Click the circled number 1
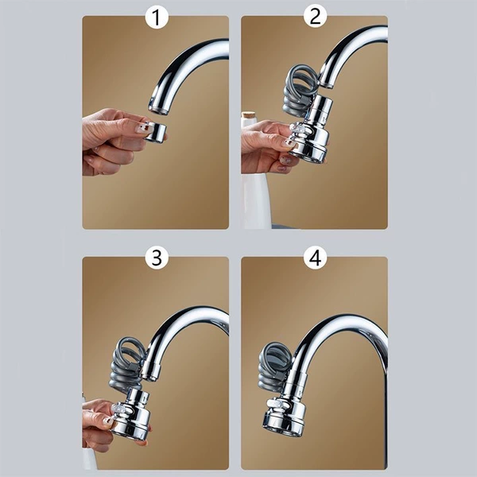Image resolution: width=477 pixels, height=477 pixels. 157,17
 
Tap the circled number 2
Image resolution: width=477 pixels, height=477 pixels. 315,17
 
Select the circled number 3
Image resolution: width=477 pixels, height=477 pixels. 157,258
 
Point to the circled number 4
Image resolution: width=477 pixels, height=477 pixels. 315,258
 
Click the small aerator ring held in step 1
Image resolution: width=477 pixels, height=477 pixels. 156,131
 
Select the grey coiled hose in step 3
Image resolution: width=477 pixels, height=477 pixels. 127,362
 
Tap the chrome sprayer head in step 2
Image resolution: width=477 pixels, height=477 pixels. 311,131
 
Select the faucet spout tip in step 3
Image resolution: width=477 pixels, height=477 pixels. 149,374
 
